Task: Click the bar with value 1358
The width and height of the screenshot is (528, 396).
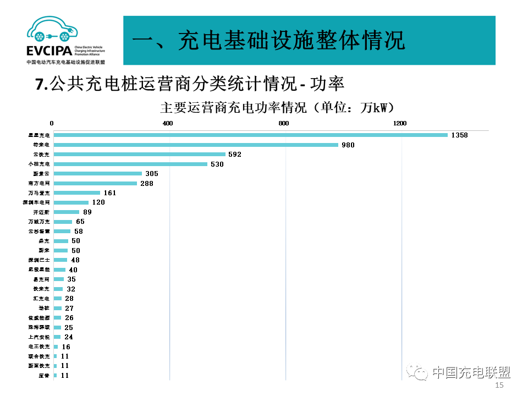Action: (250, 135)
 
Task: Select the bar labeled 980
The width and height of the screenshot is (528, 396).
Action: (196, 145)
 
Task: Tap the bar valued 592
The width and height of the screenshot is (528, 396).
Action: (139, 155)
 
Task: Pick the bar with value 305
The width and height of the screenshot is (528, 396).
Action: (97, 174)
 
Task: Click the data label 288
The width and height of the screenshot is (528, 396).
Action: (147, 183)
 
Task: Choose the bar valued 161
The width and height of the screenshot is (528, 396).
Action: (76, 193)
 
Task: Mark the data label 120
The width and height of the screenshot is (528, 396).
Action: (98, 202)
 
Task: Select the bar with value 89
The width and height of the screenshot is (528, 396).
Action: (66, 212)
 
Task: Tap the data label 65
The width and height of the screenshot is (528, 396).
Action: (80, 222)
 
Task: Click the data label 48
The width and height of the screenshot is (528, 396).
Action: (75, 260)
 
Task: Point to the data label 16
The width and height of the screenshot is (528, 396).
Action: (66, 347)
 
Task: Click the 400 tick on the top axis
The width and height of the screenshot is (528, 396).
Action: (168, 123)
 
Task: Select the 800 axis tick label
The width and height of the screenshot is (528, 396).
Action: (284, 123)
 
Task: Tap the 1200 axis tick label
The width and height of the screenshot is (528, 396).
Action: (400, 123)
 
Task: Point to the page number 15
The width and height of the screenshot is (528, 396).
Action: (499, 386)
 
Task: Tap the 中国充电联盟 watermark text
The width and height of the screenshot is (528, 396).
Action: (471, 372)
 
